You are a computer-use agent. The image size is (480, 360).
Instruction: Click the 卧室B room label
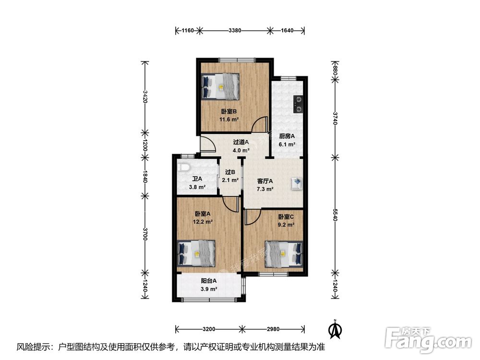pyautogui.click(x=228, y=112)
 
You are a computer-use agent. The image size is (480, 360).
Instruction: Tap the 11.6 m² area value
pyautogui.click(x=229, y=120)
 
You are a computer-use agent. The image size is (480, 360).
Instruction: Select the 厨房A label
pyautogui.click(x=287, y=136)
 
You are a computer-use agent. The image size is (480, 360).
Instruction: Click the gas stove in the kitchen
pyautogui.click(x=298, y=104)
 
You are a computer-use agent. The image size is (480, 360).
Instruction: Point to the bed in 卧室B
pyautogui.click(x=220, y=86)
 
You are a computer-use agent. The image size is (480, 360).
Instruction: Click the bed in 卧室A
pyautogui.click(x=196, y=253)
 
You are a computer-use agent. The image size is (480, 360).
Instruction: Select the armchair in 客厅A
pyautogui.click(x=297, y=183)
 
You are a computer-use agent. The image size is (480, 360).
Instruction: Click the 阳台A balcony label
pyautogui.click(x=209, y=281)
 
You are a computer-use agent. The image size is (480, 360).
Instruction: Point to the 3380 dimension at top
pyautogui.click(x=235, y=30)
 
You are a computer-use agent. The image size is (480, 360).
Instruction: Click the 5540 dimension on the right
pyautogui.click(x=335, y=215)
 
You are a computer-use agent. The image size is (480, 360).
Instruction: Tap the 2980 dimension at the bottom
pyautogui.click(x=273, y=329)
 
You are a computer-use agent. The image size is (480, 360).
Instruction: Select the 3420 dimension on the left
pyautogui.click(x=145, y=96)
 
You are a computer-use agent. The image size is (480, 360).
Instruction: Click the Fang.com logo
pyautogui.click(x=428, y=340)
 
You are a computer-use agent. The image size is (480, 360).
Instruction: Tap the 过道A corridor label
pyautogui.click(x=241, y=143)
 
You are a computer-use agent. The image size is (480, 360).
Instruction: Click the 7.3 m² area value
pyautogui.click(x=265, y=189)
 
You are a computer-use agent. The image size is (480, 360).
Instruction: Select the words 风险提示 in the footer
pyautogui.click(x=33, y=347)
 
